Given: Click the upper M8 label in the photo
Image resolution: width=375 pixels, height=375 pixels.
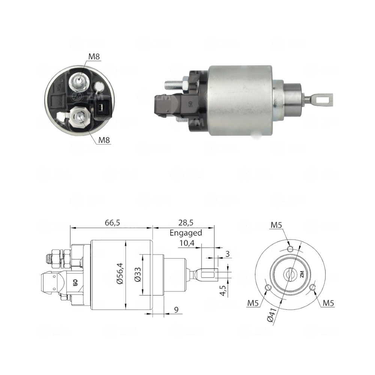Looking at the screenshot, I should [x=94, y=57].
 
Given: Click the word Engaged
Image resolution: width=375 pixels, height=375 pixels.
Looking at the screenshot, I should [x=186, y=232].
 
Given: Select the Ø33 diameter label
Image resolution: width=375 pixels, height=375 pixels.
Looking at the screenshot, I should [x=137, y=275].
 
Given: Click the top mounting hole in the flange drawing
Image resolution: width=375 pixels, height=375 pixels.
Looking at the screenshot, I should [x=290, y=249].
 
